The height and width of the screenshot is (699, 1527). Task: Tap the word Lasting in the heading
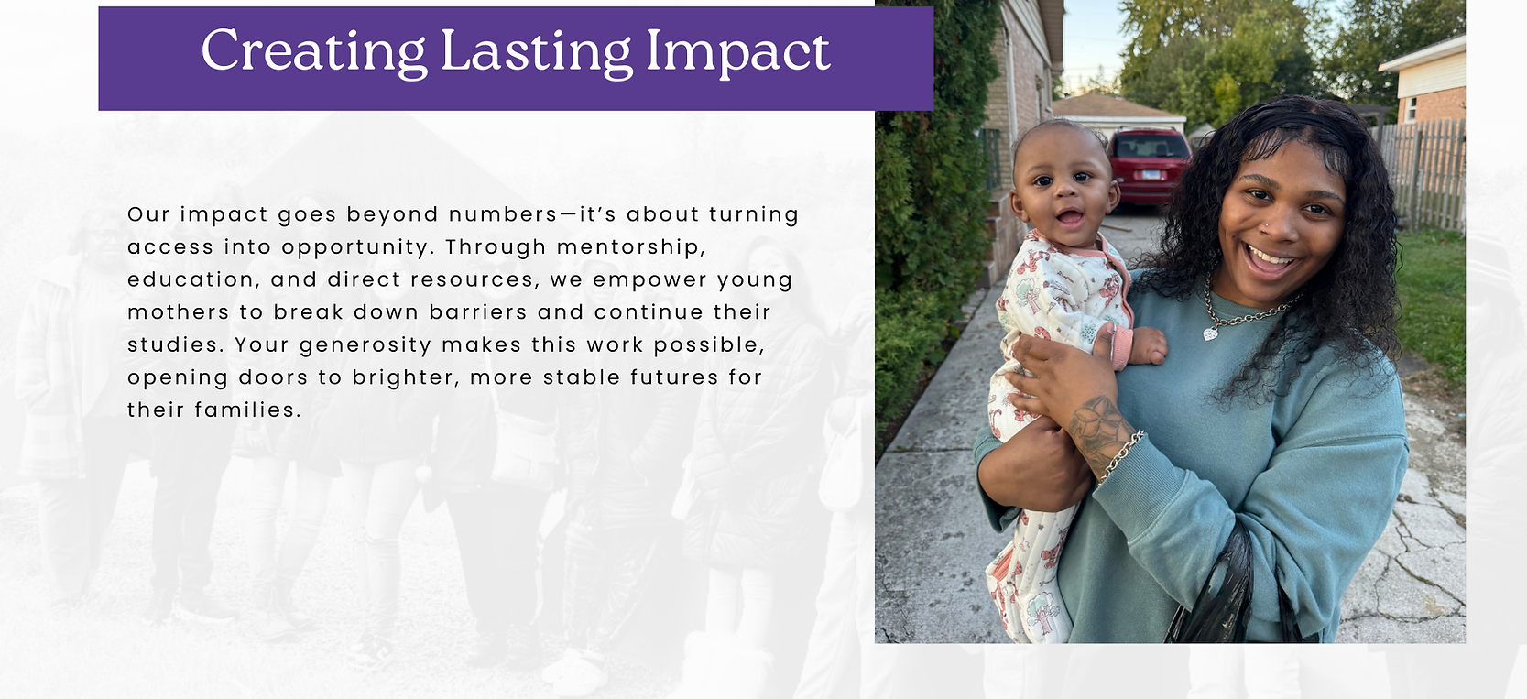[x=536, y=52]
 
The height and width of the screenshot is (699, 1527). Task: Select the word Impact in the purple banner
[x=737, y=52]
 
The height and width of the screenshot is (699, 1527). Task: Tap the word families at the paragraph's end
[x=246, y=410]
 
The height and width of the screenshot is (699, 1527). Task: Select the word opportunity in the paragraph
[x=355, y=248]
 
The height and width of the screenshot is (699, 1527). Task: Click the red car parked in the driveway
[x=1149, y=165]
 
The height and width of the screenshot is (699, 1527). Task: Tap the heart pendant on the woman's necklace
[x=1210, y=333]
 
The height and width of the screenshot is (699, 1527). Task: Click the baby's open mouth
[x=1069, y=218]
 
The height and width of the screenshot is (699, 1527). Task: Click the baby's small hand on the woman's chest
[x=1148, y=346]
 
